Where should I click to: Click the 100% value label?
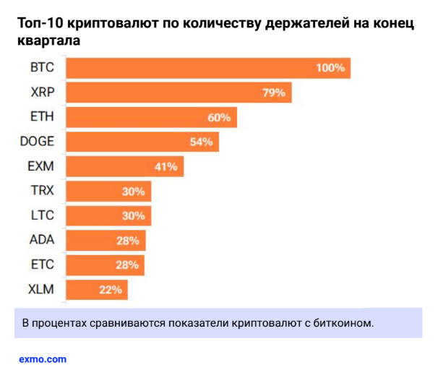click(x=332, y=68)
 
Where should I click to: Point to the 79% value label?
click(x=275, y=93)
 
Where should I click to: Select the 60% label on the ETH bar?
click(x=219, y=117)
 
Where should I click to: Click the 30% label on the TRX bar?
click(x=134, y=192)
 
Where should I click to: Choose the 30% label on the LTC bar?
click(x=134, y=216)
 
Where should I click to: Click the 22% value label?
click(x=111, y=291)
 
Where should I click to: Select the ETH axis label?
click(x=43, y=117)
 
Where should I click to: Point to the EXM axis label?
click(x=41, y=167)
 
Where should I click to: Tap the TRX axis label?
click(x=43, y=192)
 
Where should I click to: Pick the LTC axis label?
click(x=43, y=216)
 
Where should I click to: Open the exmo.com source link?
click(x=43, y=358)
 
